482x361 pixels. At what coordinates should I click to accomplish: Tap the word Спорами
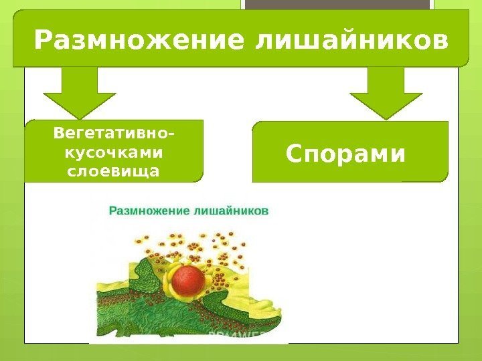tap(346, 154)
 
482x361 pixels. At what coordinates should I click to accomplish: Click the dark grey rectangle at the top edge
tap(335, 5)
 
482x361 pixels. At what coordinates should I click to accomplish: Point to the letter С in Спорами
tap(293, 154)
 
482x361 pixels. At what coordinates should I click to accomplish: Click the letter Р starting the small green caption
tap(112, 210)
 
